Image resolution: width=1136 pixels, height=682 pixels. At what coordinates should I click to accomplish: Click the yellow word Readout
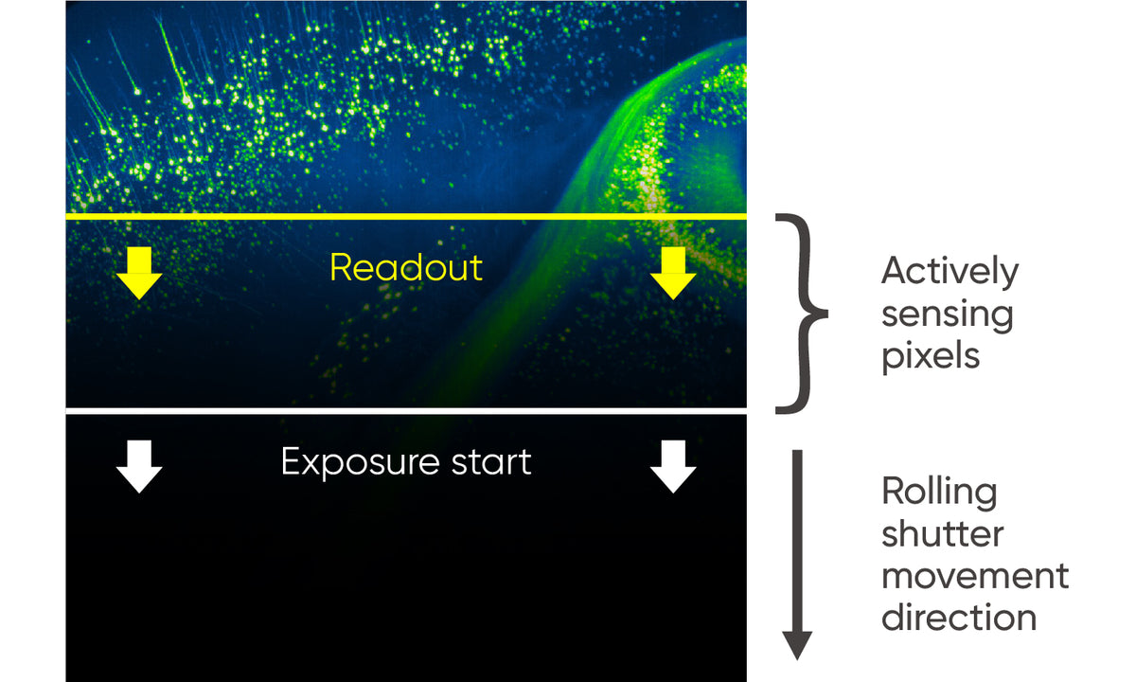tap(405, 268)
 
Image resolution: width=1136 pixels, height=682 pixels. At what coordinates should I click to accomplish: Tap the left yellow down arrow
tap(139, 273)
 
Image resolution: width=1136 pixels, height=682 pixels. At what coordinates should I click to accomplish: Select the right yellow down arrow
tap(673, 273)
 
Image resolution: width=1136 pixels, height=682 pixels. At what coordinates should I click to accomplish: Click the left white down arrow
tap(139, 466)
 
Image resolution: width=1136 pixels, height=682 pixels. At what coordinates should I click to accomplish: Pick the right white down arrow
tap(673, 466)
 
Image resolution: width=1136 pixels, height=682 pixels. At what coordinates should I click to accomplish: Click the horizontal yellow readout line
tap(407, 218)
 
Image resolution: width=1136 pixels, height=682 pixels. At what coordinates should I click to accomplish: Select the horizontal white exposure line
tap(407, 411)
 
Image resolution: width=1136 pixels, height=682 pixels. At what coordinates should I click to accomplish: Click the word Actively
tap(950, 272)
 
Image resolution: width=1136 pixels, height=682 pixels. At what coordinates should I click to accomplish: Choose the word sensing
tap(947, 314)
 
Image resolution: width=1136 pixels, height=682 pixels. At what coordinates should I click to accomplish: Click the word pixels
tap(931, 356)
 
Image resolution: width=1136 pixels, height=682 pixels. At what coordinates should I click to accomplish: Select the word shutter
tap(942, 533)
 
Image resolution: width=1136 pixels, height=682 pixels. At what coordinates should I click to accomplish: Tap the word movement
tap(975, 575)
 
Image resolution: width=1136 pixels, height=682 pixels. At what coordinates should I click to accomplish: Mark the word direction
tap(959, 617)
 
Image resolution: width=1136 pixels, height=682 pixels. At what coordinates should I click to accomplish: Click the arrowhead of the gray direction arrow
tap(797, 646)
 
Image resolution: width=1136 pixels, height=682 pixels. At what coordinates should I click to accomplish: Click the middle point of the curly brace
tap(822, 313)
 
